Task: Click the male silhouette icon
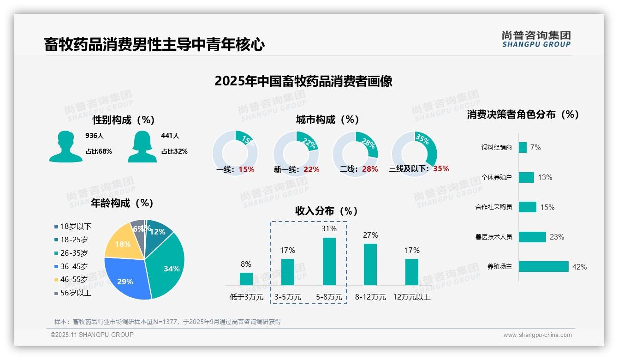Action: pos(65,146)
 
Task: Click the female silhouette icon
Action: pos(142,146)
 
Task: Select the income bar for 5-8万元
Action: pos(329,261)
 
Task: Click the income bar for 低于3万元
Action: pos(246,279)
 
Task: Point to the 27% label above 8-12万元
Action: pos(370,235)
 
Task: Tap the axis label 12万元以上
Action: pos(412,297)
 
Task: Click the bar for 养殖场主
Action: pos(543,267)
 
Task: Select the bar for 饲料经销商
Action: pos(523,147)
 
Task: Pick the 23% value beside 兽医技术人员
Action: pos(557,237)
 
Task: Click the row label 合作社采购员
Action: pos(493,207)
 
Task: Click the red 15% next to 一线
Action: pos(246,169)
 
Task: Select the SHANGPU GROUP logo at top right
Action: pos(536,39)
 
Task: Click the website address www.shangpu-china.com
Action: pos(537,335)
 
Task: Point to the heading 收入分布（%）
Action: pos(327,211)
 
